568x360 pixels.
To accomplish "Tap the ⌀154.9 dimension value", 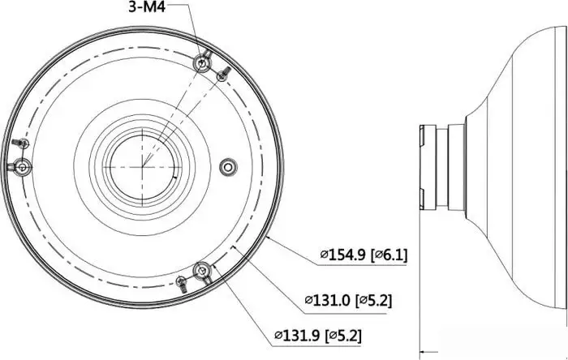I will point(343,255).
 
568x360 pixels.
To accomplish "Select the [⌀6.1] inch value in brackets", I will point(389,255).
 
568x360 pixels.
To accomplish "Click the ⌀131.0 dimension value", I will point(328,300).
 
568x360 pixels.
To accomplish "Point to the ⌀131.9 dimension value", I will point(297,335).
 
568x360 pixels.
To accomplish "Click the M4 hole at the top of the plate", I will point(204,62).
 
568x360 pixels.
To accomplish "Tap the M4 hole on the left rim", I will point(22,167).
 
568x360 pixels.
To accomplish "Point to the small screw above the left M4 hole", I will point(22,144).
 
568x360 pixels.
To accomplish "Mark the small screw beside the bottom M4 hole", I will point(183,283).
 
